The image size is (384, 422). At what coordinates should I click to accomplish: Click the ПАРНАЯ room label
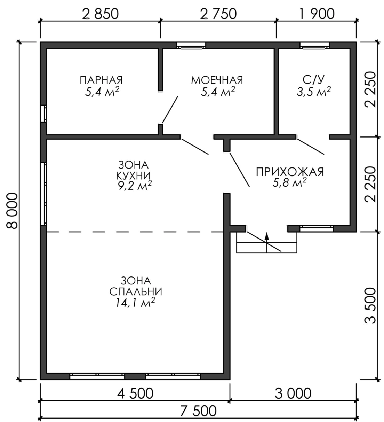(101, 80)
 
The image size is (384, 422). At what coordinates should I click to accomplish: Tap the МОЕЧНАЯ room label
(217, 80)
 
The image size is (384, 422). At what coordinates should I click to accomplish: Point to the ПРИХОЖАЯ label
(290, 172)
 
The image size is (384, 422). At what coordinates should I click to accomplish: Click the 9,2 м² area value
(135, 186)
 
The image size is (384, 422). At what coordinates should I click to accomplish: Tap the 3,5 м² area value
(314, 92)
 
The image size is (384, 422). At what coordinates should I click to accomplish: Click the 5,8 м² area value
(289, 183)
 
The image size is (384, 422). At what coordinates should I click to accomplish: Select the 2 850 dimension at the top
(101, 14)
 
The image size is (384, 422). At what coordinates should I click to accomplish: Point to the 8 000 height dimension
(12, 211)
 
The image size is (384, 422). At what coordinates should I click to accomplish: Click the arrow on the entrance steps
(267, 242)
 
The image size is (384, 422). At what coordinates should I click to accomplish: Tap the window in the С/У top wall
(315, 46)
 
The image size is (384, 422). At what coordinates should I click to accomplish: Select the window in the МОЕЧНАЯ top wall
(191, 46)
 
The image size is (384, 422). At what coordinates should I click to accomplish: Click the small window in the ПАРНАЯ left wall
(43, 113)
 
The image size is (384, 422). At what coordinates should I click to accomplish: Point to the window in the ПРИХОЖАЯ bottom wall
(317, 229)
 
